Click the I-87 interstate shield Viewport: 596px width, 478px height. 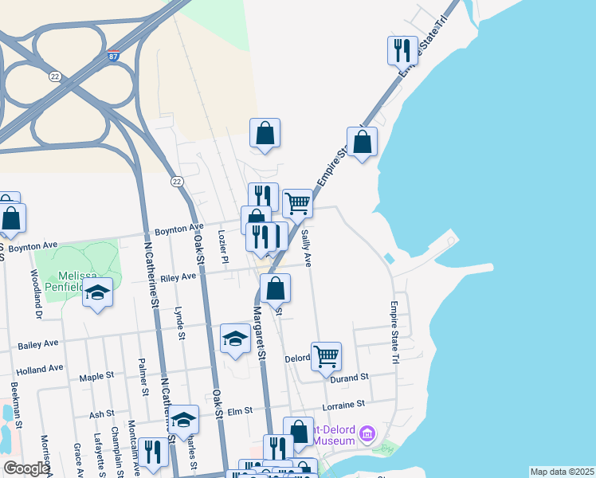click(114, 57)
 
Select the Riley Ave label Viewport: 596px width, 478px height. click(178, 276)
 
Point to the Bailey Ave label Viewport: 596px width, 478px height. click(40, 343)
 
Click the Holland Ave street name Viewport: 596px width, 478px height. click(40, 369)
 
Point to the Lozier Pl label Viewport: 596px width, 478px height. click(224, 249)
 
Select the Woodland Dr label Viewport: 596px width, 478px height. click(36, 294)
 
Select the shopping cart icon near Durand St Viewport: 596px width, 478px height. click(327, 357)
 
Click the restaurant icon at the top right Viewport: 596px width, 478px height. click(402, 50)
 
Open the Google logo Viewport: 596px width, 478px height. click(25, 468)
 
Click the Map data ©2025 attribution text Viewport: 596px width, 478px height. click(561, 472)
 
